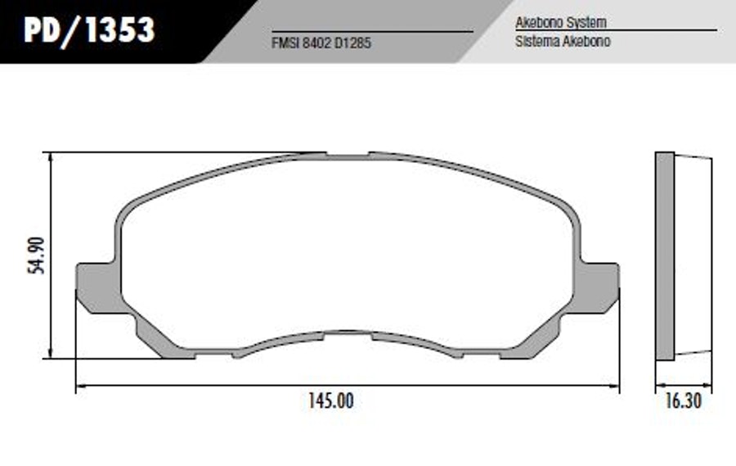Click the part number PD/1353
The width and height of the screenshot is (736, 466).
click(x=89, y=29)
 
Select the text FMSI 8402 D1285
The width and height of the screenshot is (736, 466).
click(x=321, y=43)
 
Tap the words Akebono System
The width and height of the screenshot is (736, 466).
click(x=561, y=22)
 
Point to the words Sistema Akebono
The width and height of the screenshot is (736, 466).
click(x=563, y=42)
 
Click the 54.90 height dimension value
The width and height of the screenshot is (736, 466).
click(x=36, y=256)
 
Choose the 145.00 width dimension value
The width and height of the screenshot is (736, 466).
click(x=331, y=401)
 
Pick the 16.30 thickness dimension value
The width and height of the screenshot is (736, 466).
click(x=683, y=401)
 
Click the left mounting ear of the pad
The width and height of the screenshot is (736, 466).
click(x=97, y=287)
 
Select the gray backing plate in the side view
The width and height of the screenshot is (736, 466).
click(x=665, y=256)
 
